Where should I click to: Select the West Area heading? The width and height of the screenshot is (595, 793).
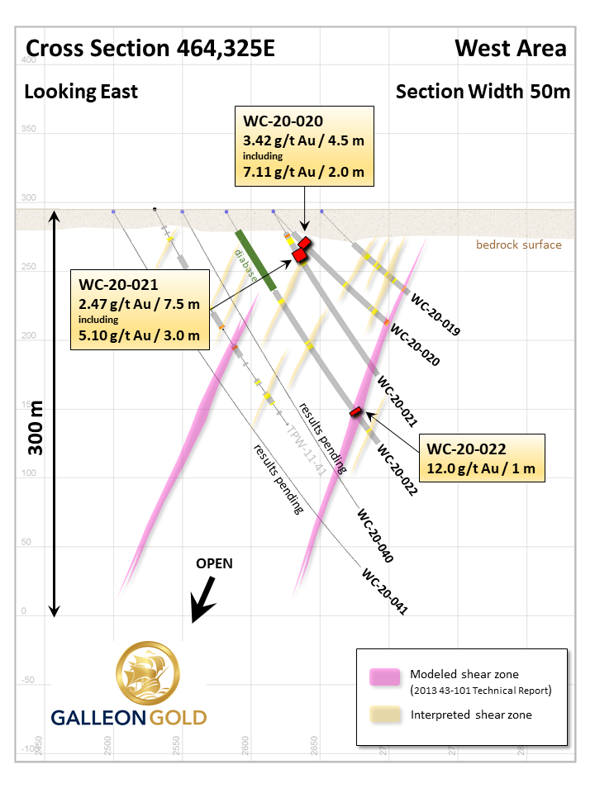pyautogui.click(x=511, y=49)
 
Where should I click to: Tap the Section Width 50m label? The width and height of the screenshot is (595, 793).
pyautogui.click(x=483, y=91)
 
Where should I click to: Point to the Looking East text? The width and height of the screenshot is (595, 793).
pyautogui.click(x=81, y=91)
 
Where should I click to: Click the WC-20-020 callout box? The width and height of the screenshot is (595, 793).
pyautogui.click(x=303, y=146)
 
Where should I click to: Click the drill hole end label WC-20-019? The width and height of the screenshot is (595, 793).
pyautogui.click(x=435, y=316)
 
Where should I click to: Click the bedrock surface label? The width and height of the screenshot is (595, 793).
pyautogui.click(x=518, y=245)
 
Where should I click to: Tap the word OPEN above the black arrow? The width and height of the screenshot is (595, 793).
pyautogui.click(x=214, y=563)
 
